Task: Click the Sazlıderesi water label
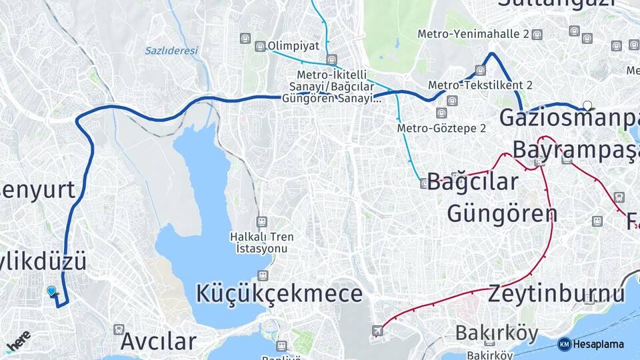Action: [171, 50]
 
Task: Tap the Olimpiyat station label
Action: [293, 46]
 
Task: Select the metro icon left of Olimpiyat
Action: [260, 46]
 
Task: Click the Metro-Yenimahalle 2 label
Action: [473, 34]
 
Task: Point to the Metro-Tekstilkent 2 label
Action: [480, 85]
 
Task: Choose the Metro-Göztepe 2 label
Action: [441, 128]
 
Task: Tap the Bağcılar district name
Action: [473, 182]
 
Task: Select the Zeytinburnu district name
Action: [557, 293]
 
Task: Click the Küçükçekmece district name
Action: [279, 293]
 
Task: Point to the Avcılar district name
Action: [159, 341]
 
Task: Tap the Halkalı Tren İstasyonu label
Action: [261, 243]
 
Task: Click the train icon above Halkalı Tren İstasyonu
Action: [262, 221]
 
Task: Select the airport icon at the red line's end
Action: [378, 330]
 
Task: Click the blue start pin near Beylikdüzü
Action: [52, 291]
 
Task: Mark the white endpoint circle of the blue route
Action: [587, 105]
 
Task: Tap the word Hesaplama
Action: [598, 345]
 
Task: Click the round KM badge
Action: [564, 344]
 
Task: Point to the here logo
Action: [19, 340]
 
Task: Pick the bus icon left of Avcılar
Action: [119, 329]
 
